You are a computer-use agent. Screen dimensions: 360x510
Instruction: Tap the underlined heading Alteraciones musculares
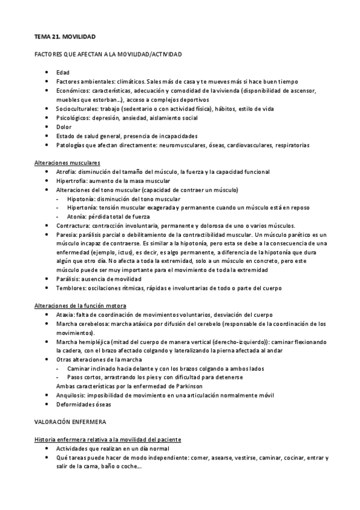[67, 163]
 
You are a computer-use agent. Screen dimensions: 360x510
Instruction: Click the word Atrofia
[65, 172]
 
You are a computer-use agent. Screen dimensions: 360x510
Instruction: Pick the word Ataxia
[65, 315]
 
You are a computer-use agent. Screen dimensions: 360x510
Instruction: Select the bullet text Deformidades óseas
[81, 404]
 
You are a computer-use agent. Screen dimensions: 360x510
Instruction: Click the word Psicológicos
[73, 118]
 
